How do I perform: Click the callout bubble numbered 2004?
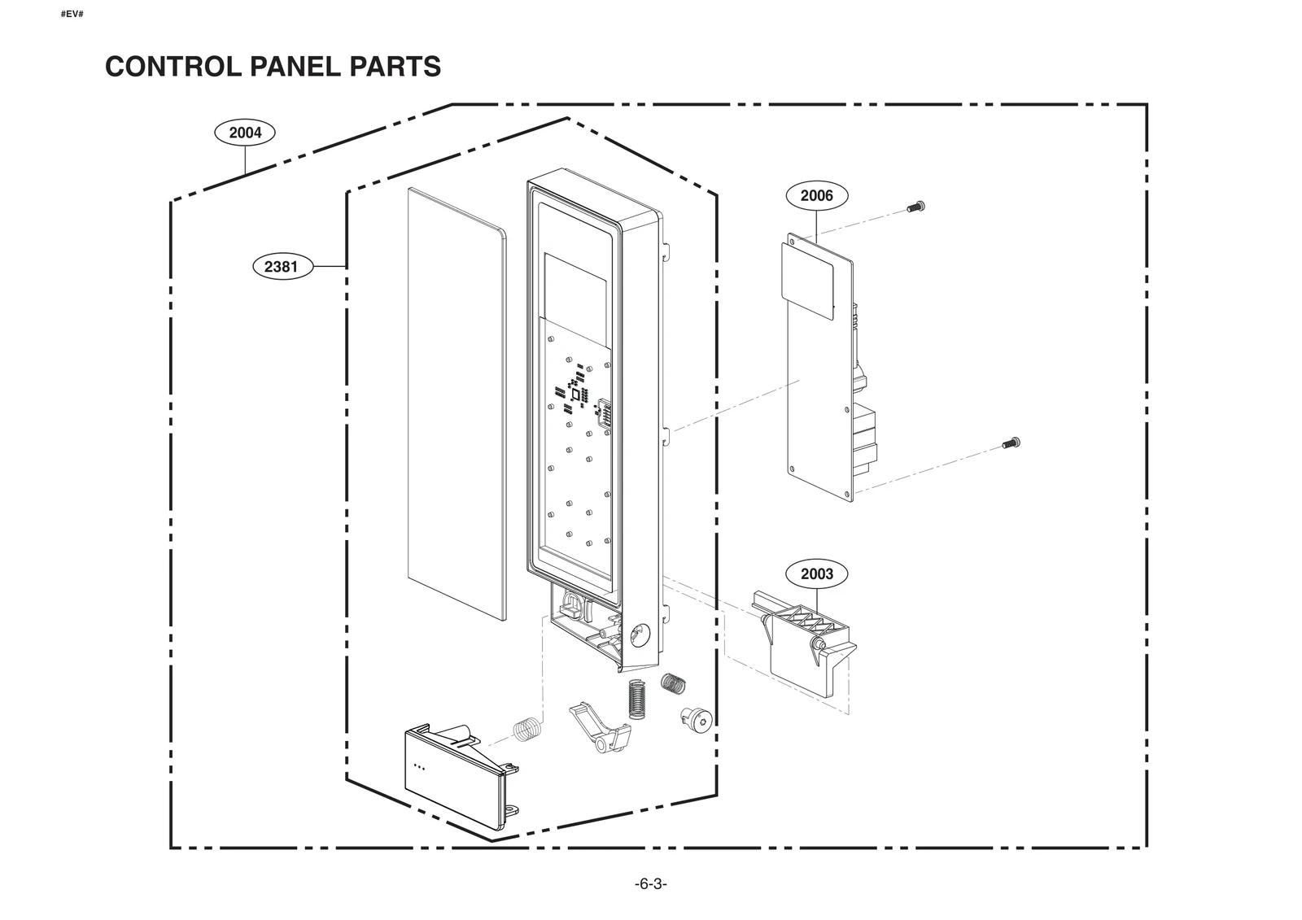[245, 133]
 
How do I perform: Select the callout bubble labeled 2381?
[282, 266]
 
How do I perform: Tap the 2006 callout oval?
[816, 195]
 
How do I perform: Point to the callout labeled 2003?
[816, 573]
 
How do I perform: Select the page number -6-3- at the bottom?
[650, 884]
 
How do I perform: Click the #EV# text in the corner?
[72, 15]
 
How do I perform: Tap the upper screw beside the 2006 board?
[916, 207]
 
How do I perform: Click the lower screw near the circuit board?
[1011, 443]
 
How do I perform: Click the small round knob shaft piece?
[696, 718]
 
